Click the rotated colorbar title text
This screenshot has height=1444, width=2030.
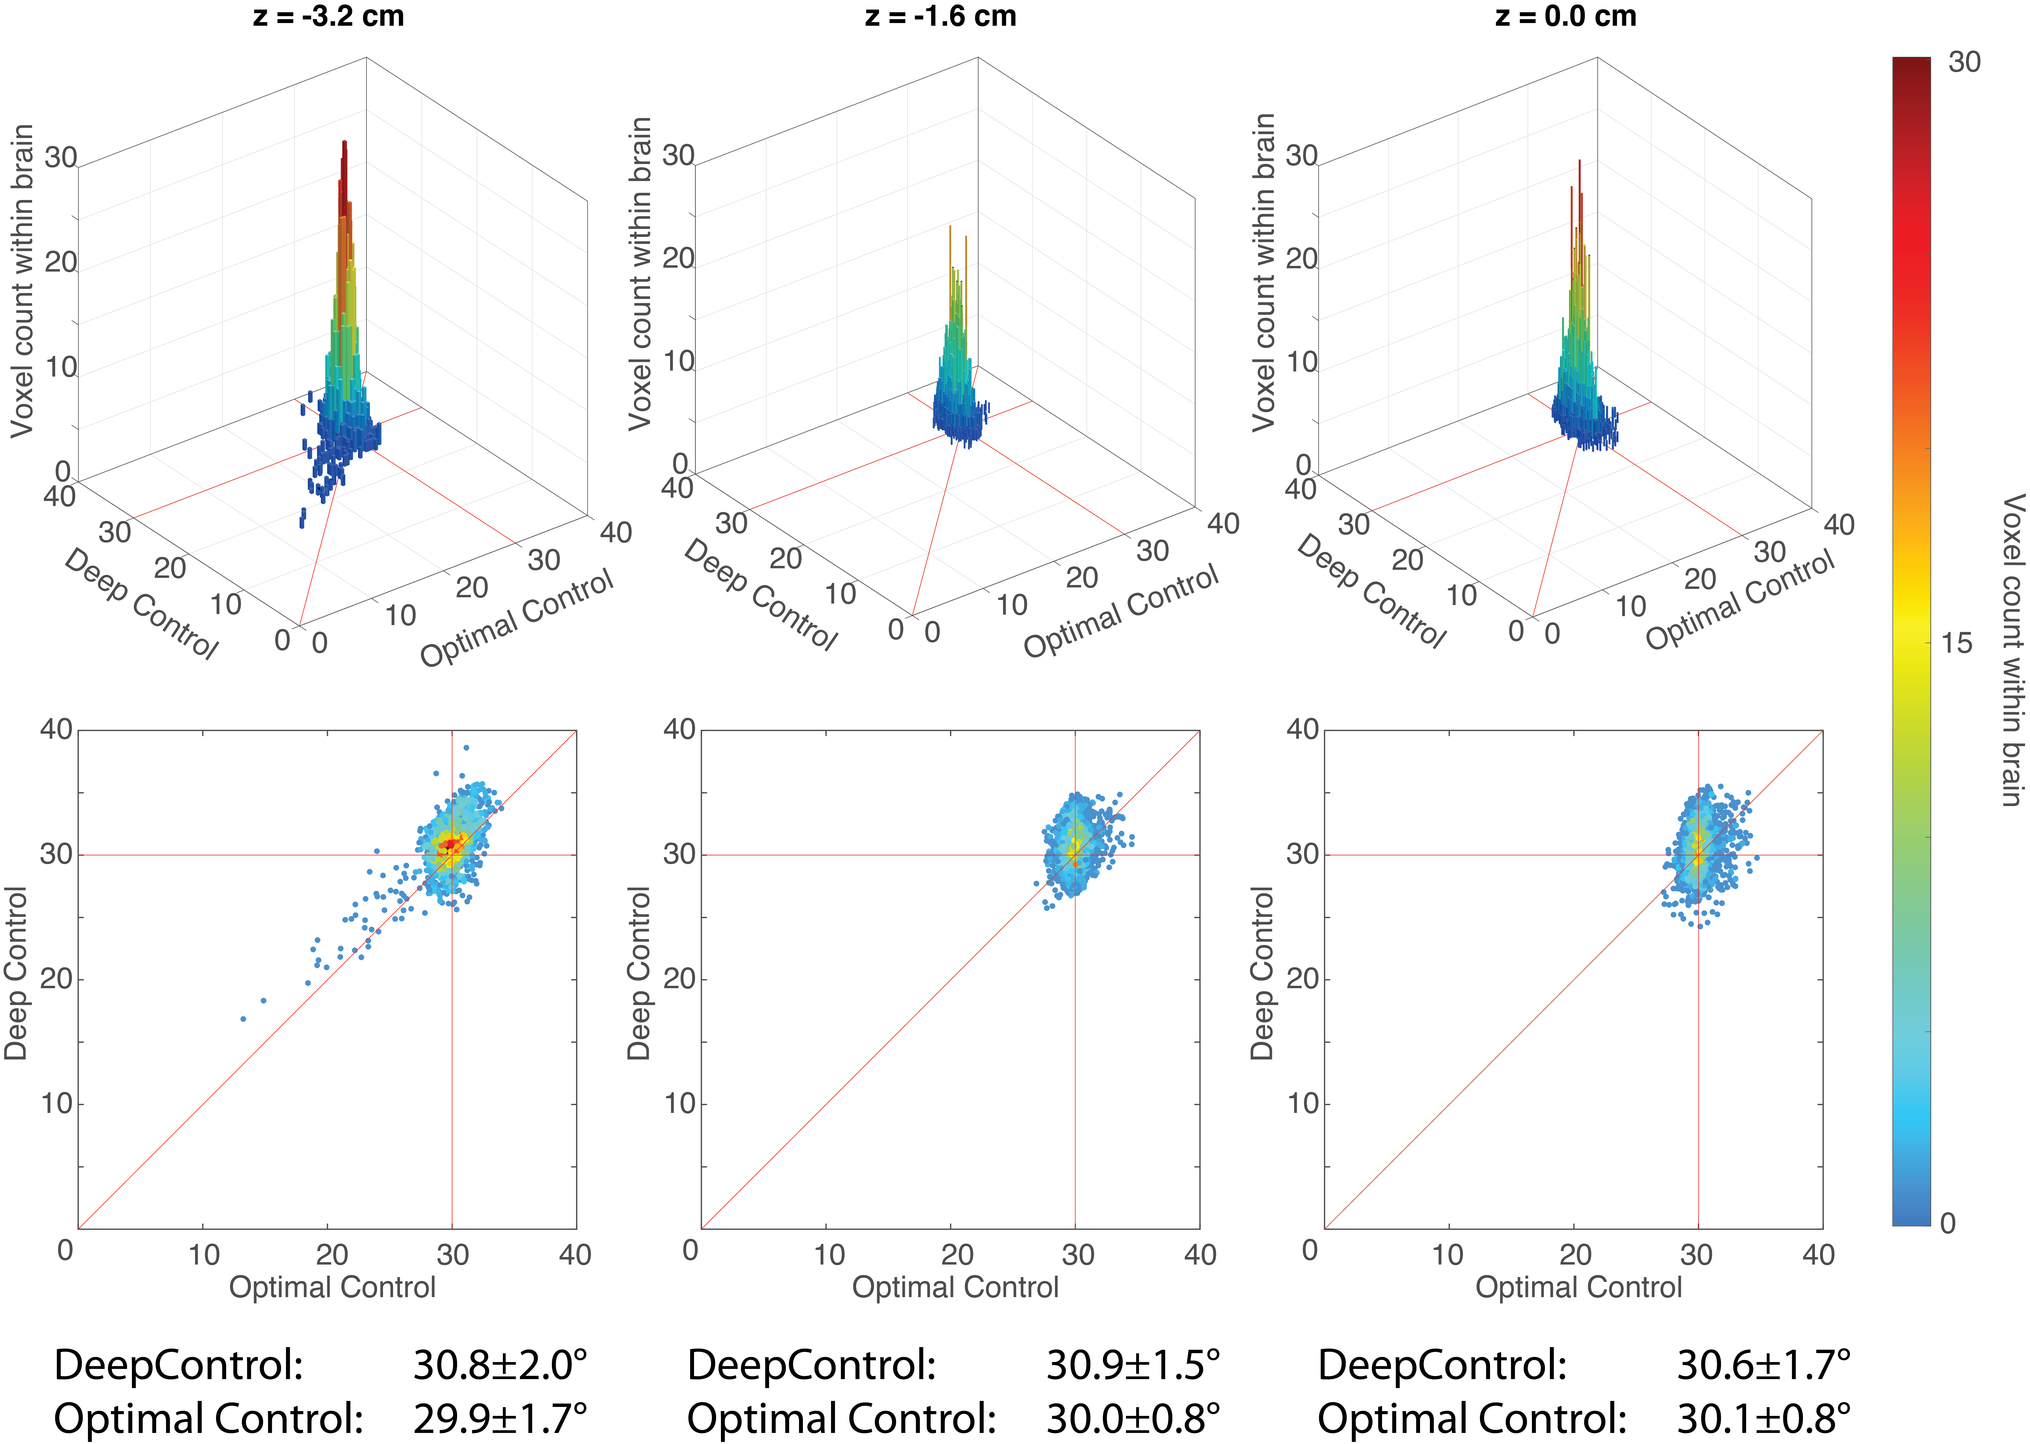[x=2011, y=649]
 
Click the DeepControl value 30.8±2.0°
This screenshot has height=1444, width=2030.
[x=500, y=1365]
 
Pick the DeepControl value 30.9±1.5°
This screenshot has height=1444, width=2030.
[x=1133, y=1365]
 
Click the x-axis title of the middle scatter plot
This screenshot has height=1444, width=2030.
[x=955, y=1287]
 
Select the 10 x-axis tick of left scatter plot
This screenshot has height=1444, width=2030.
[x=204, y=1255]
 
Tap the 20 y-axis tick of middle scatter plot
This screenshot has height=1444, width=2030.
[x=680, y=979]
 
